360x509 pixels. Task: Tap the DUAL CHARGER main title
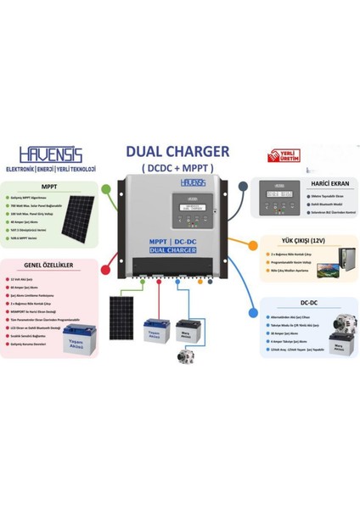pos(177,151)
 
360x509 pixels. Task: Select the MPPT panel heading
pos(49,185)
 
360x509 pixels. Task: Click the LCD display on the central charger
pos(178,209)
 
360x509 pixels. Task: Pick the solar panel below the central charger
pos(126,317)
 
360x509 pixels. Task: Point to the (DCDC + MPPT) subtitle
pos(177,167)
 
